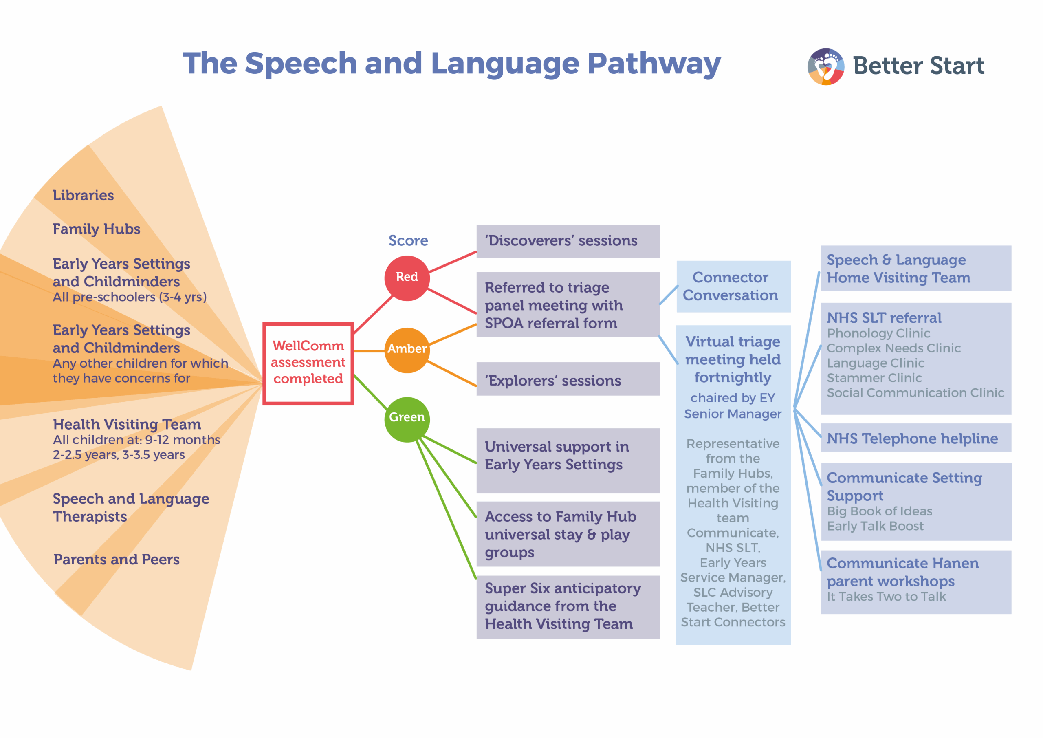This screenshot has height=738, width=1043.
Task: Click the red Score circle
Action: click(407, 278)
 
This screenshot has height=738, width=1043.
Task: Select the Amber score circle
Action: click(407, 350)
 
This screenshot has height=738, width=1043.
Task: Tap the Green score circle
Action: click(407, 419)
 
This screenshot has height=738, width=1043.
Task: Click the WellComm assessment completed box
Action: click(308, 363)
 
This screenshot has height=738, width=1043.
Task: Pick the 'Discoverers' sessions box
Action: click(568, 241)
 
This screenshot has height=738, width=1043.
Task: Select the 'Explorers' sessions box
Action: click(568, 379)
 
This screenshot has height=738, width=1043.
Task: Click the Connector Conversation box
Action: click(733, 286)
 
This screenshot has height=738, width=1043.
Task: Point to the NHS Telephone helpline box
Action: click(915, 438)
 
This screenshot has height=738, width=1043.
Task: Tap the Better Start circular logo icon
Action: click(825, 66)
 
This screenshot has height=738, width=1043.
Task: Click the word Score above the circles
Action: click(408, 240)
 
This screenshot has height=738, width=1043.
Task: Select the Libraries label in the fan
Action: click(83, 196)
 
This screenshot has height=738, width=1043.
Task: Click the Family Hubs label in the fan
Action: click(96, 229)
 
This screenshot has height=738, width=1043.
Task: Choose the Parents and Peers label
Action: click(116, 560)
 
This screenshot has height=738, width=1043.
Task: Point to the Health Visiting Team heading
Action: click(127, 425)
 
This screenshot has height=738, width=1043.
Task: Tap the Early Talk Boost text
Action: click(875, 526)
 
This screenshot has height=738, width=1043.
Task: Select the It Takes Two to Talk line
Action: click(886, 597)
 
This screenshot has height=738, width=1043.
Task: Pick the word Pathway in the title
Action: click(653, 64)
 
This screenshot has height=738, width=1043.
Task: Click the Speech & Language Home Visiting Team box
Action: click(915, 269)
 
